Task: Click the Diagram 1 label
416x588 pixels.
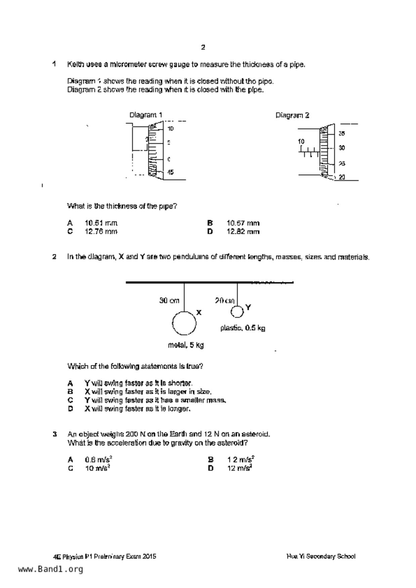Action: click(x=146, y=115)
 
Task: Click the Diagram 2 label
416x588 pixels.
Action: click(x=292, y=115)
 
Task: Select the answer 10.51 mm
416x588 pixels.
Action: click(x=101, y=223)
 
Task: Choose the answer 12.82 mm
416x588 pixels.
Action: click(x=243, y=232)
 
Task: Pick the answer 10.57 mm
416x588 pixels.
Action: click(x=243, y=223)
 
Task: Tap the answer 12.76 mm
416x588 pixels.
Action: click(x=101, y=232)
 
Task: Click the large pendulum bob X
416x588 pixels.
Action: click(x=184, y=323)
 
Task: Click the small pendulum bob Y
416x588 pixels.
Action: click(x=237, y=311)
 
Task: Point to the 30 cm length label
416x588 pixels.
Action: click(x=169, y=301)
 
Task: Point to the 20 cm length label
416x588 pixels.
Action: click(x=225, y=301)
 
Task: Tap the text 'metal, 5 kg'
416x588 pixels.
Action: click(x=186, y=345)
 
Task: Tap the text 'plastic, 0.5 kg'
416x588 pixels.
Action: click(x=243, y=328)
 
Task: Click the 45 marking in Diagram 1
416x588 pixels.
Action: click(x=170, y=172)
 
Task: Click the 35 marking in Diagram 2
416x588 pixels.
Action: click(x=341, y=133)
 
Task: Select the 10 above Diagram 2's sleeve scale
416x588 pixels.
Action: click(x=301, y=142)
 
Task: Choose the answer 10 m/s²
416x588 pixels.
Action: click(x=98, y=468)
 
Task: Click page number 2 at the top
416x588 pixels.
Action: click(x=203, y=47)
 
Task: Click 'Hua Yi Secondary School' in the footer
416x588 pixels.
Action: click(x=321, y=556)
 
